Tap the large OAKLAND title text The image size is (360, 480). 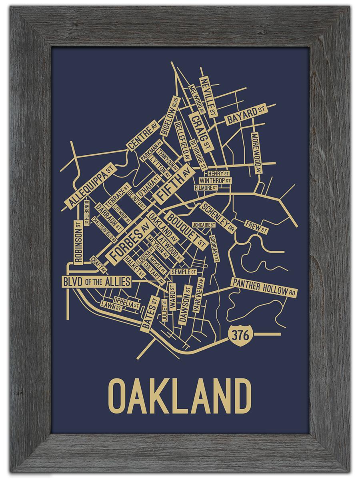tap(180, 396)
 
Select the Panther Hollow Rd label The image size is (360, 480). tap(264, 288)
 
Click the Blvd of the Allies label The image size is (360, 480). tap(96, 282)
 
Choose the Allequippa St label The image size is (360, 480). tap(90, 186)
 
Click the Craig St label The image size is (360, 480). tap(200, 132)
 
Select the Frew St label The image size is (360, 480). tap(256, 227)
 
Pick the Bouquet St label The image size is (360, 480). tap(186, 230)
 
